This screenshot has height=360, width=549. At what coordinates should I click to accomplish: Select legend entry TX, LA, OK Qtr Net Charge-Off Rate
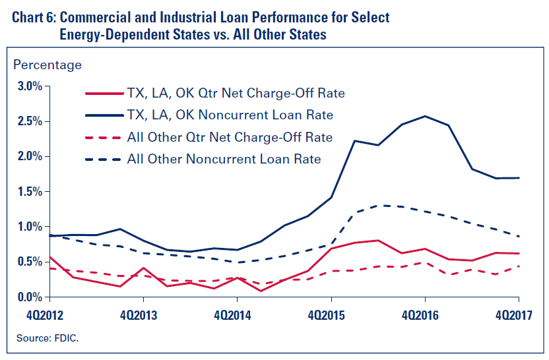(x=236, y=93)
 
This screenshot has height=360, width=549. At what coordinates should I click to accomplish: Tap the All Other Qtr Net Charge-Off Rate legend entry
(x=230, y=137)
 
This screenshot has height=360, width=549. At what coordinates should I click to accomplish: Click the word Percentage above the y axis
(x=48, y=65)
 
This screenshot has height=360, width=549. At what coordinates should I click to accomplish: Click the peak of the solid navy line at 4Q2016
(x=424, y=116)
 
